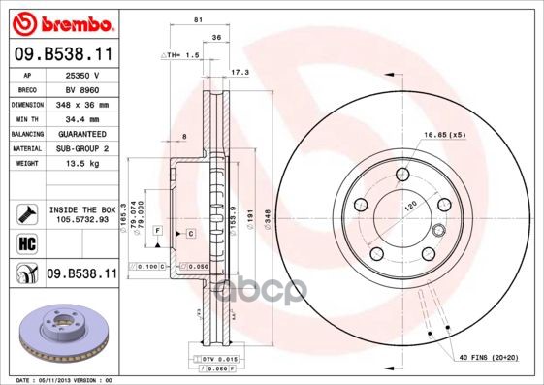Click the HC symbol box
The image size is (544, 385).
click(26, 244)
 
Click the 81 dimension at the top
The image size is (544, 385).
click(199, 20)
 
